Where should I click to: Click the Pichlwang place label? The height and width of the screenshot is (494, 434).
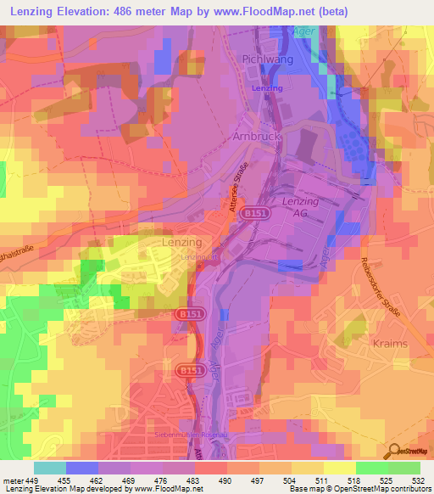click(x=267, y=59)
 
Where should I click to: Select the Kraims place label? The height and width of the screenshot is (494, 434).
click(x=389, y=344)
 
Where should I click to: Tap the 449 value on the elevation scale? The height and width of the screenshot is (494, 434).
click(x=32, y=481)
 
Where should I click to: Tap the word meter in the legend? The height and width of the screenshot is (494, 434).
click(x=13, y=481)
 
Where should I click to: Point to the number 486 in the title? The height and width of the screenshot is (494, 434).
click(x=127, y=11)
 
